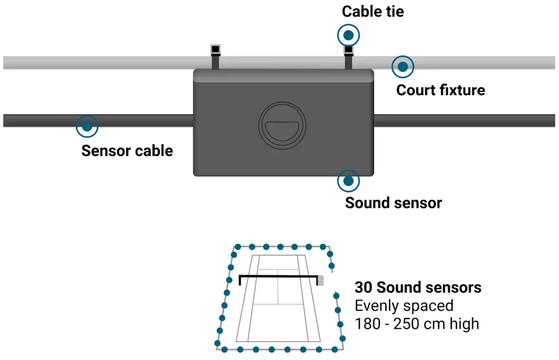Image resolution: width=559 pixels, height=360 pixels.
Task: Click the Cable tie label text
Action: [373, 11]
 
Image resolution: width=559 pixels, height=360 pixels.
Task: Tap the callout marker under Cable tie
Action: [349, 36]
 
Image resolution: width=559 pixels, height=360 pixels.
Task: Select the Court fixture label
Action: [441, 90]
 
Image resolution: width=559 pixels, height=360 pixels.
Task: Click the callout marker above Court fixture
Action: [403, 67]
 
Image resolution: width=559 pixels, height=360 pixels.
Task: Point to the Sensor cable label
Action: [127, 151]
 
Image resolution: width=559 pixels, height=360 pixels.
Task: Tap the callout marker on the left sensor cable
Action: [87, 126]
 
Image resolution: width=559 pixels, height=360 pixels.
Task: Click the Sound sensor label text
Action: [394, 203]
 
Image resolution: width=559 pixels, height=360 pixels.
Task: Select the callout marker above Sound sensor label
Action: [349, 180]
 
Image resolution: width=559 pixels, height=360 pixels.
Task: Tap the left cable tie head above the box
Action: [216, 50]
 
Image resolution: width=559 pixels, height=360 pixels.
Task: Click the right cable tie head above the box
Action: [348, 51]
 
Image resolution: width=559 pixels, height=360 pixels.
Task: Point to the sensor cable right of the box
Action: [464, 120]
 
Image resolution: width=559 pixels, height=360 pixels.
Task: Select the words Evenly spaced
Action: [404, 305]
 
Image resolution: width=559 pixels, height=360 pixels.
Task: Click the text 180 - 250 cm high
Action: [417, 323]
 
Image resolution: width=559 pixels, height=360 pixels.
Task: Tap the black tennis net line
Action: [278, 276]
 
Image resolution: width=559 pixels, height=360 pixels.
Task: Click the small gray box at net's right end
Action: [320, 280]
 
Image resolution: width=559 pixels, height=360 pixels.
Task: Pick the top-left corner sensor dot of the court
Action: [237, 247]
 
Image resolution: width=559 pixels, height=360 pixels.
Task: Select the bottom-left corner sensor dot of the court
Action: [218, 344]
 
